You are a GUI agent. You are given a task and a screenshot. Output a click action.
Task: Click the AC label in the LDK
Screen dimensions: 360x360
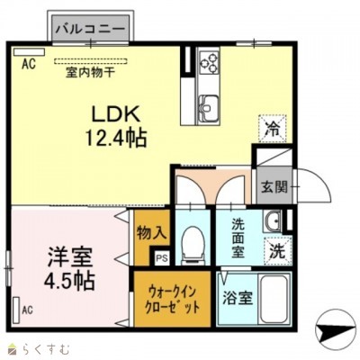tap(27, 64)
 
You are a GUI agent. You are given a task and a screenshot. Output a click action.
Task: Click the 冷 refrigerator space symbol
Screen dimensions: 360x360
tap(271, 130)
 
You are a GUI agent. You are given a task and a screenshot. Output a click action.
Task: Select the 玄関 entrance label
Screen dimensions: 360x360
tap(274, 187)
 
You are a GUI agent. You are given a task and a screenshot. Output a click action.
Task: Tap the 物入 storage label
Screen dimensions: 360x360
tap(151, 232)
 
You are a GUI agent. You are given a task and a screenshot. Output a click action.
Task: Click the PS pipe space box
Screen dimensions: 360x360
tap(161, 259)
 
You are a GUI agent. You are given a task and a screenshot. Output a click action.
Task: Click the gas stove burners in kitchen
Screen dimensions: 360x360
tap(210, 63)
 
